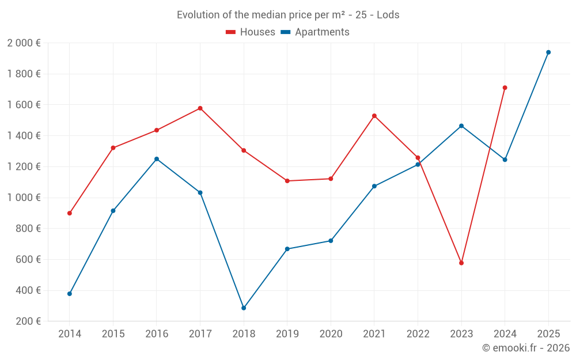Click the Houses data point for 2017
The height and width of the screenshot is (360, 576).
[200, 108]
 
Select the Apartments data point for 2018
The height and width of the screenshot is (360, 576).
[244, 308]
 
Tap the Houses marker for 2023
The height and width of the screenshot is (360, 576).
[461, 263]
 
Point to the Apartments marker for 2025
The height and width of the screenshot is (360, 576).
[548, 52]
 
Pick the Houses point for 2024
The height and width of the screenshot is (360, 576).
[505, 88]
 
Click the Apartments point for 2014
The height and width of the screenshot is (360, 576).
[70, 294]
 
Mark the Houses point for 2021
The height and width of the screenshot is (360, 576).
[374, 116]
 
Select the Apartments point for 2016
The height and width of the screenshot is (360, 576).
[157, 159]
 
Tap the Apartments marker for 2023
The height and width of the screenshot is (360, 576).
[461, 126]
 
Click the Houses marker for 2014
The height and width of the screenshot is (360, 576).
[70, 213]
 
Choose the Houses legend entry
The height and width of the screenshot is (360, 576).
[251, 32]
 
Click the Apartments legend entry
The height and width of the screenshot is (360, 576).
[316, 32]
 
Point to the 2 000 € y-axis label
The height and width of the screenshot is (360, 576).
[24, 43]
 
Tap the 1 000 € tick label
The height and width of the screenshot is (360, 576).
[24, 198]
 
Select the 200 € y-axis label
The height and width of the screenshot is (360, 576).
[28, 321]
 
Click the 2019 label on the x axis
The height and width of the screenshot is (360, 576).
[287, 334]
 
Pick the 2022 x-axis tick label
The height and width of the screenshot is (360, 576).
[418, 334]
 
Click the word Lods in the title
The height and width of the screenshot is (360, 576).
[388, 15]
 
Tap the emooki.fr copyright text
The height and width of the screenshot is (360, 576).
[526, 348]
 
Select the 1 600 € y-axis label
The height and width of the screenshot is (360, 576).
[24, 105]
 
